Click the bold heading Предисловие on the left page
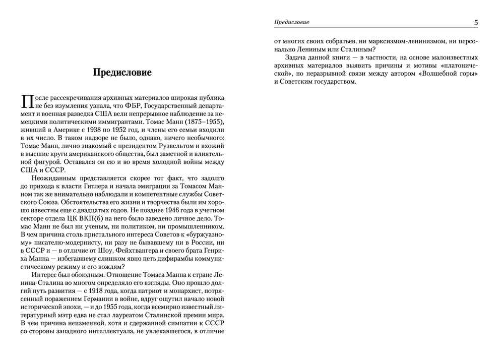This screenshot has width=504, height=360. (122, 72)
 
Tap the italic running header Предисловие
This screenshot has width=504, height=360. (291, 22)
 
